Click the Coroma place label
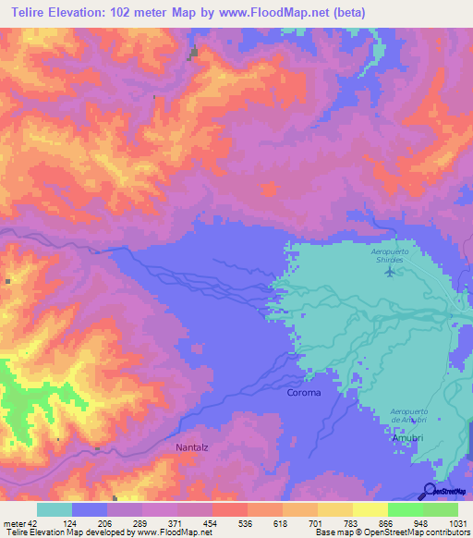(x=304, y=393)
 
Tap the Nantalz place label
(x=193, y=447)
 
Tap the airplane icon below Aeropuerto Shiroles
(x=390, y=271)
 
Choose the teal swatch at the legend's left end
(x=55, y=509)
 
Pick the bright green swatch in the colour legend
(x=405, y=509)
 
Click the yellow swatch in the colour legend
(x=370, y=509)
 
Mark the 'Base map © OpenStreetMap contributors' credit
(x=393, y=533)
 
